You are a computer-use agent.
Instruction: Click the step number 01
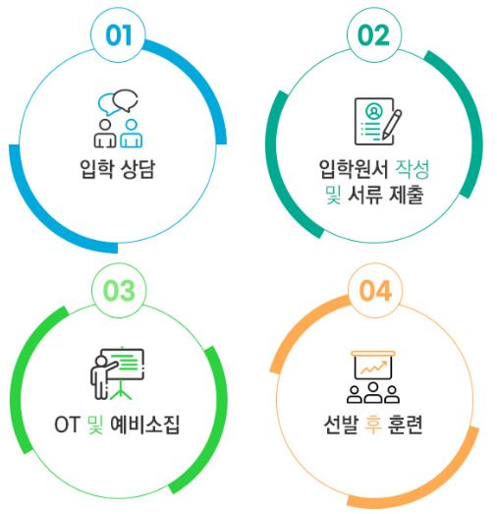119,35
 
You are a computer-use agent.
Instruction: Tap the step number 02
374,35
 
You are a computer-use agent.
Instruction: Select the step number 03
119,291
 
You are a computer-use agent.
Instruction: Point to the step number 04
375,291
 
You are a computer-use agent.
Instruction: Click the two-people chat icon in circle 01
118,119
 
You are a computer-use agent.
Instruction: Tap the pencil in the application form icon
392,125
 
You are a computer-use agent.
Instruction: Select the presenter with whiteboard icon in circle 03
117,374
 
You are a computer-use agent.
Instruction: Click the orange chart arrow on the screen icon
373,368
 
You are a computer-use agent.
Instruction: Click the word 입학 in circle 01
96,169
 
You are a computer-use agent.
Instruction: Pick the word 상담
138,169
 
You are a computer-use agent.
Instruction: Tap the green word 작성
413,169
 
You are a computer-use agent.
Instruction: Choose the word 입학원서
354,169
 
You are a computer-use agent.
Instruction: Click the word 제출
407,195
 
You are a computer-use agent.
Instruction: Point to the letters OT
67,425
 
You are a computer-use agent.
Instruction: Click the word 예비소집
145,425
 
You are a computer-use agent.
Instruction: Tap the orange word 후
373,425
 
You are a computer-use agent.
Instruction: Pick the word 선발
341,425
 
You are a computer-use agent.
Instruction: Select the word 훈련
405,425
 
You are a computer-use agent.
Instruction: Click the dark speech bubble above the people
125,100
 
